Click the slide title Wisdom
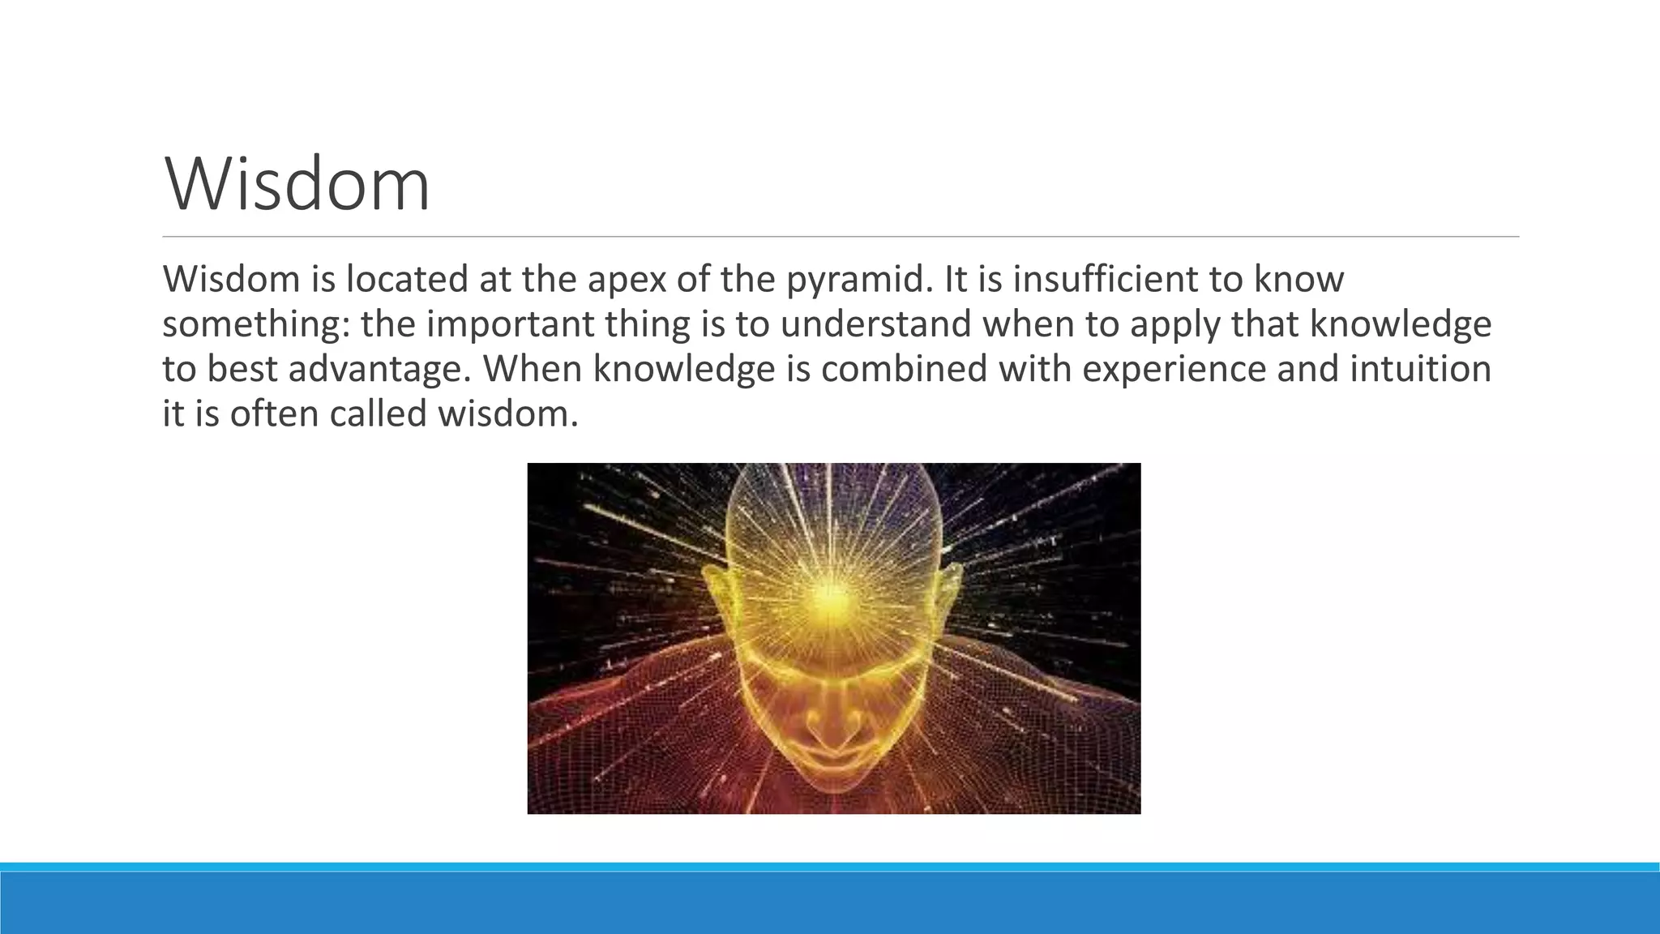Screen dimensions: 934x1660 (x=297, y=185)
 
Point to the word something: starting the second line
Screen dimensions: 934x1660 (x=256, y=324)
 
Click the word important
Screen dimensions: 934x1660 (x=511, y=324)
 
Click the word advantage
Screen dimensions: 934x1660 (x=380, y=370)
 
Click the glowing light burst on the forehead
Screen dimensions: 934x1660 (x=828, y=596)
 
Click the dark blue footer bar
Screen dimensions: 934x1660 (x=830, y=903)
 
